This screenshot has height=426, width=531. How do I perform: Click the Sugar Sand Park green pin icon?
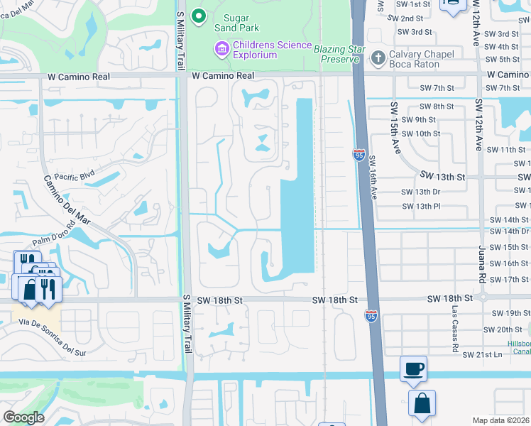pyautogui.click(x=199, y=16)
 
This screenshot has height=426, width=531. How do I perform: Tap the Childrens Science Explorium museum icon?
pyautogui.click(x=221, y=48)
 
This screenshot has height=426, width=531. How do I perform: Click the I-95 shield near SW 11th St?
pyautogui.click(x=358, y=153)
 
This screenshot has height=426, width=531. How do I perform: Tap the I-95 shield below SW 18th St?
pyautogui.click(x=371, y=315)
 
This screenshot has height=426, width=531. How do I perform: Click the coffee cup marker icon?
pyautogui.click(x=413, y=368)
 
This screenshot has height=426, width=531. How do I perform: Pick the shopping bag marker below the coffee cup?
pyautogui.click(x=422, y=403)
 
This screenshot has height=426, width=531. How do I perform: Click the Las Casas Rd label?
pyautogui.click(x=452, y=334)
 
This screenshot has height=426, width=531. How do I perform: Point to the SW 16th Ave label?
pyautogui.click(x=372, y=181)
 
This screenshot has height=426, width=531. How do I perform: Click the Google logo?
pyautogui.click(x=23, y=417)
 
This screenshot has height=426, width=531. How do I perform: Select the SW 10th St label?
pyautogui.click(x=420, y=133)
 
